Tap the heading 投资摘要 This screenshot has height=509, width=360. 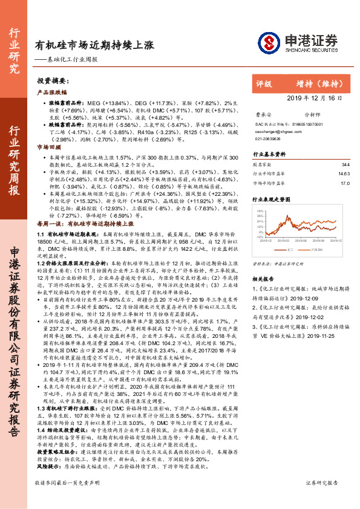pos(51,80)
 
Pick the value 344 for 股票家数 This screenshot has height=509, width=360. pos(345,164)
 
